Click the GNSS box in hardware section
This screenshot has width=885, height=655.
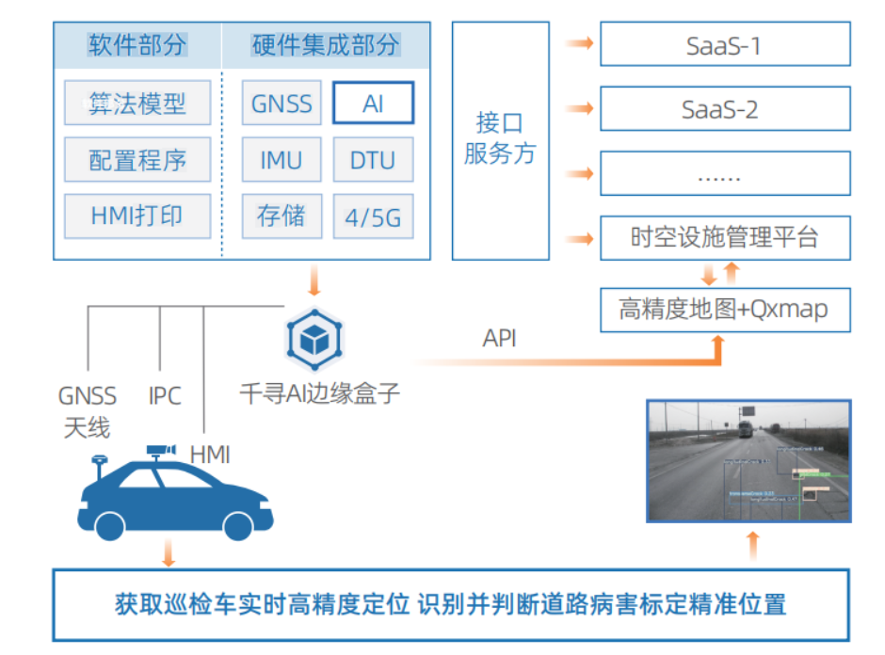(x=282, y=104)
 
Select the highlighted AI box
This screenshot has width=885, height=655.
(x=373, y=104)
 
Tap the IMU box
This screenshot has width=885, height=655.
(x=282, y=160)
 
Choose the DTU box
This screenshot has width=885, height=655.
(x=373, y=160)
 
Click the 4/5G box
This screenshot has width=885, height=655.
(x=373, y=217)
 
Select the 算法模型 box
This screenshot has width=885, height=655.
(x=137, y=104)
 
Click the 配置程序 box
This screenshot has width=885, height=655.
(x=137, y=160)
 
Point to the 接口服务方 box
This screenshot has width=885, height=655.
(x=500, y=140)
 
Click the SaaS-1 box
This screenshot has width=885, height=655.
(x=725, y=45)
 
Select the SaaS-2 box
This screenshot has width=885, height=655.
(x=725, y=109)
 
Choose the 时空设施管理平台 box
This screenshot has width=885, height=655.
(x=725, y=237)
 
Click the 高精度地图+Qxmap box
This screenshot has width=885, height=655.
(x=725, y=309)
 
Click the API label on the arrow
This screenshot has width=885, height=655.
(x=500, y=339)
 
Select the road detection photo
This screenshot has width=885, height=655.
(x=748, y=460)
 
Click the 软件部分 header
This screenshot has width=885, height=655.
(x=137, y=45)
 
